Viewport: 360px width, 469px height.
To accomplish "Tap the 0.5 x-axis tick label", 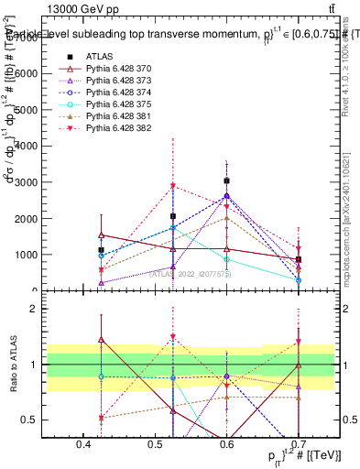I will tap(156, 445).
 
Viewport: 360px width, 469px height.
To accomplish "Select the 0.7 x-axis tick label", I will tap(298, 445).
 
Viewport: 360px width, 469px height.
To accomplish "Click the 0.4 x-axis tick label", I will tap(84, 445).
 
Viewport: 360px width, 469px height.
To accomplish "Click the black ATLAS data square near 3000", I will tap(226, 181).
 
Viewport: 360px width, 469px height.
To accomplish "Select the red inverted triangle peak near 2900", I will tap(173, 186).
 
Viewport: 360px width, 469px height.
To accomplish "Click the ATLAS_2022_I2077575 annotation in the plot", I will tap(189, 273).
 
